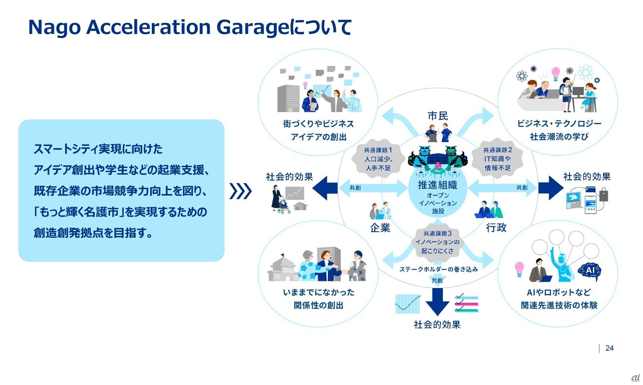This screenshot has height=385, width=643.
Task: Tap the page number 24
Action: coord(609,348)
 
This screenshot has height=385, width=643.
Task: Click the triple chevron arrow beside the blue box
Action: coord(240,191)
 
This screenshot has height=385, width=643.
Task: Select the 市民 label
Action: coord(437,116)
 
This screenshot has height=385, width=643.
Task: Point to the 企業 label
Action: coord(380,228)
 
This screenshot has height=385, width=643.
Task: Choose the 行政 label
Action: coord(496,228)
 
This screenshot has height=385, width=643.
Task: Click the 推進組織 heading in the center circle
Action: coord(437,185)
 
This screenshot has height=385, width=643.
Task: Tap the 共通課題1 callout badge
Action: coord(378,159)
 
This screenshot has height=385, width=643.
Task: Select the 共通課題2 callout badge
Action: coord(498,159)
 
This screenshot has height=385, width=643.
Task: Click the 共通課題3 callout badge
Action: coord(437,242)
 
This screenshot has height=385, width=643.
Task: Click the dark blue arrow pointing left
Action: coord(325,188)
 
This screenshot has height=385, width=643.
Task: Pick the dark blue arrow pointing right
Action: coord(551,188)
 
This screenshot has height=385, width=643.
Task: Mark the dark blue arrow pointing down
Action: coord(437,302)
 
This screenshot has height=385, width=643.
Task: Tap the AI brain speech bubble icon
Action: coord(589,271)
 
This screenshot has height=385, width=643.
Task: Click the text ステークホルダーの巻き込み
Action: coord(439,269)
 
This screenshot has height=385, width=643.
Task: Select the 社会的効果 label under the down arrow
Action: coord(437,325)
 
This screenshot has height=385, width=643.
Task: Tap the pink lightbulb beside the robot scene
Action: coord(519,269)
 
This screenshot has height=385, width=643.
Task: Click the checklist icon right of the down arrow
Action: coord(466,303)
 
